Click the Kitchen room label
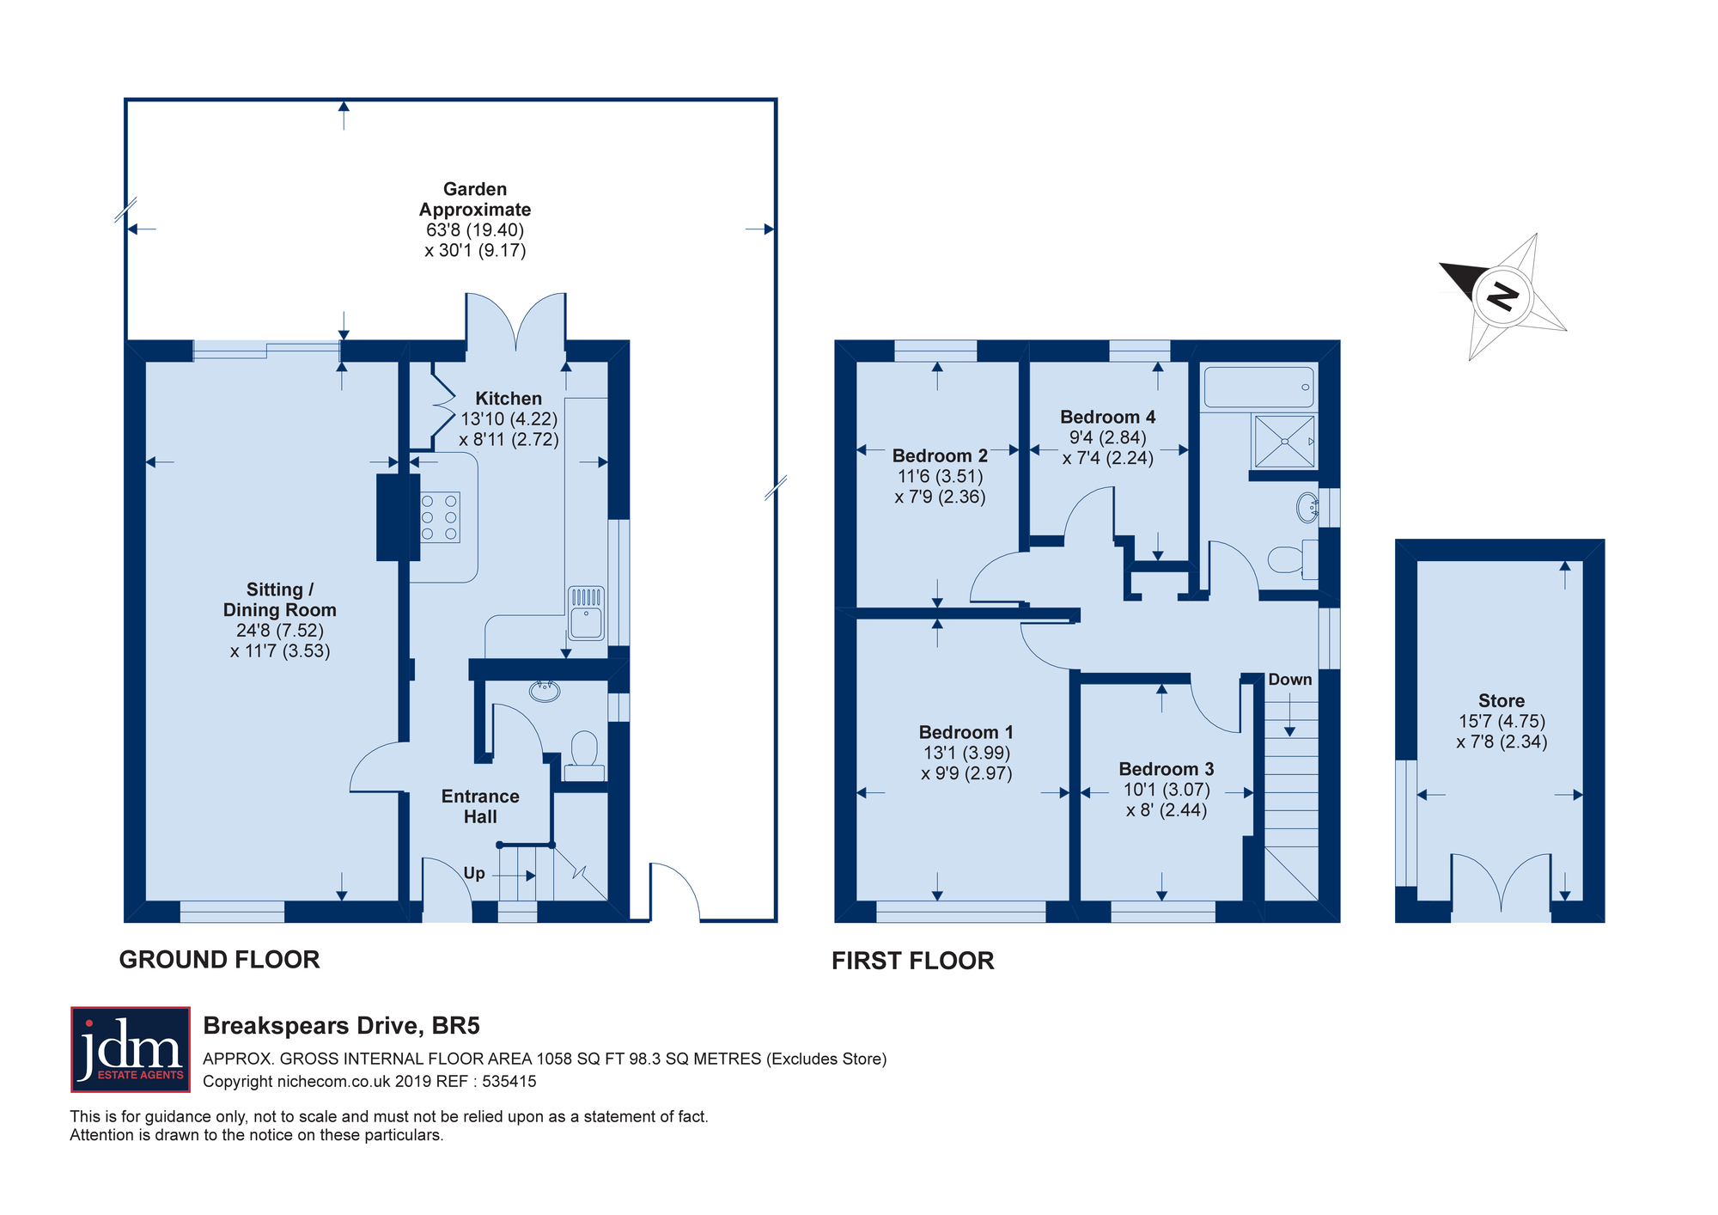pos(509,399)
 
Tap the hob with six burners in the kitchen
pos(439,517)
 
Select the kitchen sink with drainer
pos(587,614)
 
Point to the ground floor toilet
pos(585,756)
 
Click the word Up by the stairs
pos(474,873)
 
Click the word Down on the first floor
pos(1290,680)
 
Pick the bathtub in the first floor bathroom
pos(1259,388)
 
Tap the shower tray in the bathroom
pos(1284,442)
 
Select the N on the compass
pos(1503,296)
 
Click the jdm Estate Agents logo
pos(131,1049)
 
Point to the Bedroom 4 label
pos(1107,417)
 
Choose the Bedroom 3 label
pos(1167,769)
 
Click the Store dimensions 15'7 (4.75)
pos(1502,722)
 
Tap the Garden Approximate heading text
pos(475,199)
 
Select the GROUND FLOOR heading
pos(219,960)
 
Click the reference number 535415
pos(509,1082)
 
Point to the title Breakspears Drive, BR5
pos(341,1026)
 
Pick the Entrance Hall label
pos(480,807)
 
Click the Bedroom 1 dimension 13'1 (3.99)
pos(966,753)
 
